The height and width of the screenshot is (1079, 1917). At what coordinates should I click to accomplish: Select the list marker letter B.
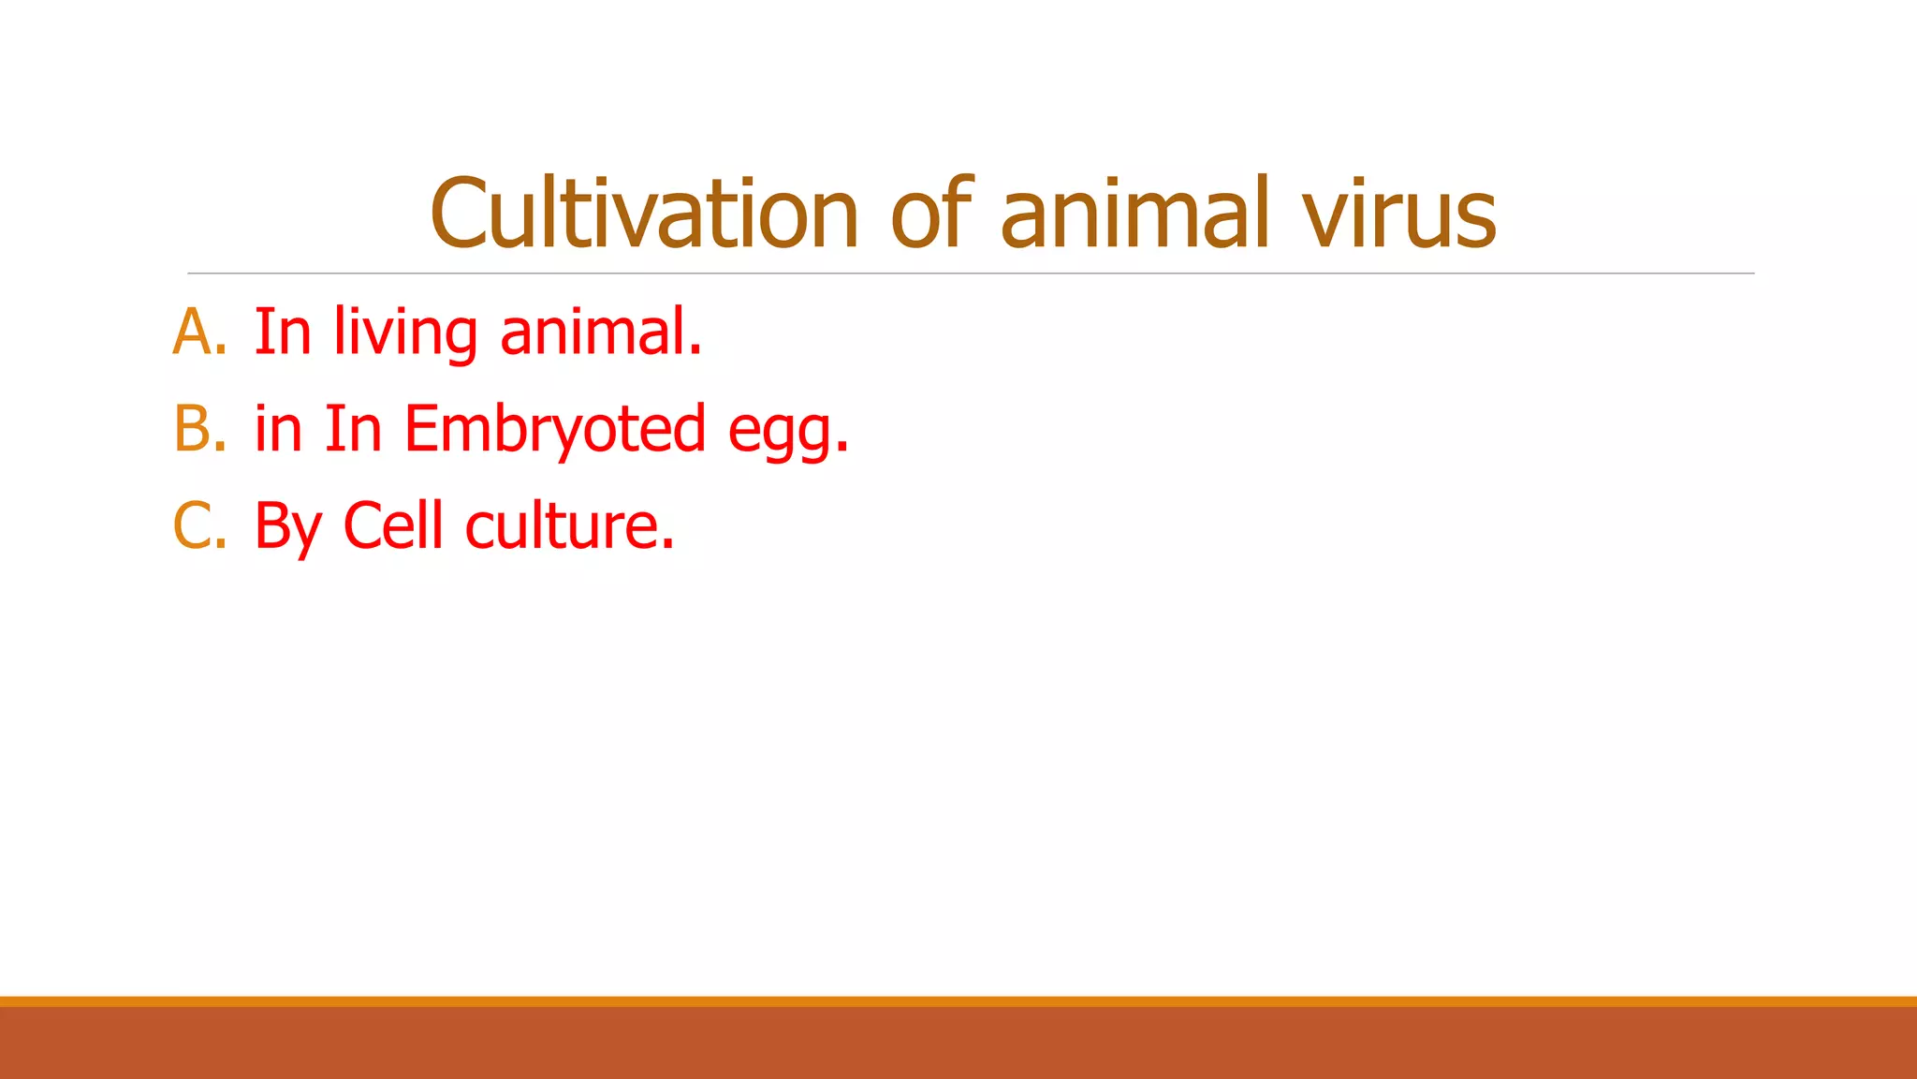193,429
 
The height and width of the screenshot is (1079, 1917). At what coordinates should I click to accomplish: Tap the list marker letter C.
193,525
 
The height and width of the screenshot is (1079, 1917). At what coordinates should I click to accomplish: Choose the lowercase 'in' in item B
278,429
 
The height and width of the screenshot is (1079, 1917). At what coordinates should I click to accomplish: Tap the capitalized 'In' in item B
353,429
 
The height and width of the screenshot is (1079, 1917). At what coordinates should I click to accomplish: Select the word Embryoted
554,429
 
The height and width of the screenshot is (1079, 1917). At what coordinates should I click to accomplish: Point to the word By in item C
288,527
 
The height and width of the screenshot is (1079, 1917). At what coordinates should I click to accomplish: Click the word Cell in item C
393,525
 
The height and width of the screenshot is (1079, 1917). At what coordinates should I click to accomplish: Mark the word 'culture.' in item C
569,525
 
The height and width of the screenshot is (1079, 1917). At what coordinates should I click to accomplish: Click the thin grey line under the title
971,273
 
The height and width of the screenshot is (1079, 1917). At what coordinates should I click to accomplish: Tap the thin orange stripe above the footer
958,1001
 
